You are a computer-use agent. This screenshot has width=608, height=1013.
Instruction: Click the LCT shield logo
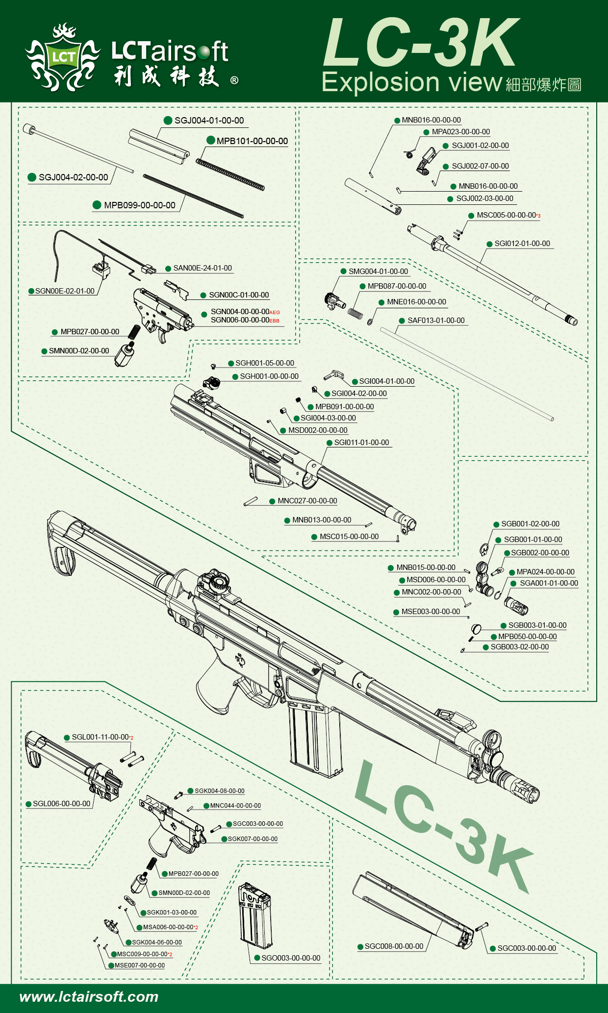[x=63, y=57]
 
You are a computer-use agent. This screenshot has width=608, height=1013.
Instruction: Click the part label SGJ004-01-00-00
[x=209, y=121]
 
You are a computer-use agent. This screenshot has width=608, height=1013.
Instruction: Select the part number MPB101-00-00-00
[x=252, y=141]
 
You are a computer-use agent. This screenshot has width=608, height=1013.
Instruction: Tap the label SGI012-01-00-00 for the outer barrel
[x=522, y=244]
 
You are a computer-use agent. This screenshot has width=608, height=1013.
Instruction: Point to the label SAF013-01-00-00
[x=436, y=321]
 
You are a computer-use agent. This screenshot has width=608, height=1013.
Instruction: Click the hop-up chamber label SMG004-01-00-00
[x=378, y=272]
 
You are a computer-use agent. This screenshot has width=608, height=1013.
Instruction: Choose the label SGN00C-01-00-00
[x=239, y=295]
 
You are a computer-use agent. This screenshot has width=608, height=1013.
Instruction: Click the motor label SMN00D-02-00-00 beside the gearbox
[x=79, y=351]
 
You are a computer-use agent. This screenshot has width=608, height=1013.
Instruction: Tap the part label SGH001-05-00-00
[x=265, y=363]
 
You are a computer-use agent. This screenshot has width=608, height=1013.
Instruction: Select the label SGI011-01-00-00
[x=361, y=443]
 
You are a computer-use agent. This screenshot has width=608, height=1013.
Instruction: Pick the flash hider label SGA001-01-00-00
[x=549, y=583]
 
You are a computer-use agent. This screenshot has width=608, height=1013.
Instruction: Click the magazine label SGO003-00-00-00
[x=291, y=958]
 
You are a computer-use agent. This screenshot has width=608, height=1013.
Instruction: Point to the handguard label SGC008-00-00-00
[x=394, y=946]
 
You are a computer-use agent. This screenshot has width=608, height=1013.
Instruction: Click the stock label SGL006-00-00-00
[x=61, y=804]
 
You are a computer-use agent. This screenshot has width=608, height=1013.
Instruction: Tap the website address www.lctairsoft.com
[x=89, y=997]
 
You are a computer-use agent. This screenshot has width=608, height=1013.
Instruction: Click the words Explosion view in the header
[x=412, y=82]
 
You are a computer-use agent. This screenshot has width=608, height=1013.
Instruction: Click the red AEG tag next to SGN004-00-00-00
[x=275, y=313]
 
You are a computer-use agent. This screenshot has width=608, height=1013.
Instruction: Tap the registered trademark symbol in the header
[x=234, y=80]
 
